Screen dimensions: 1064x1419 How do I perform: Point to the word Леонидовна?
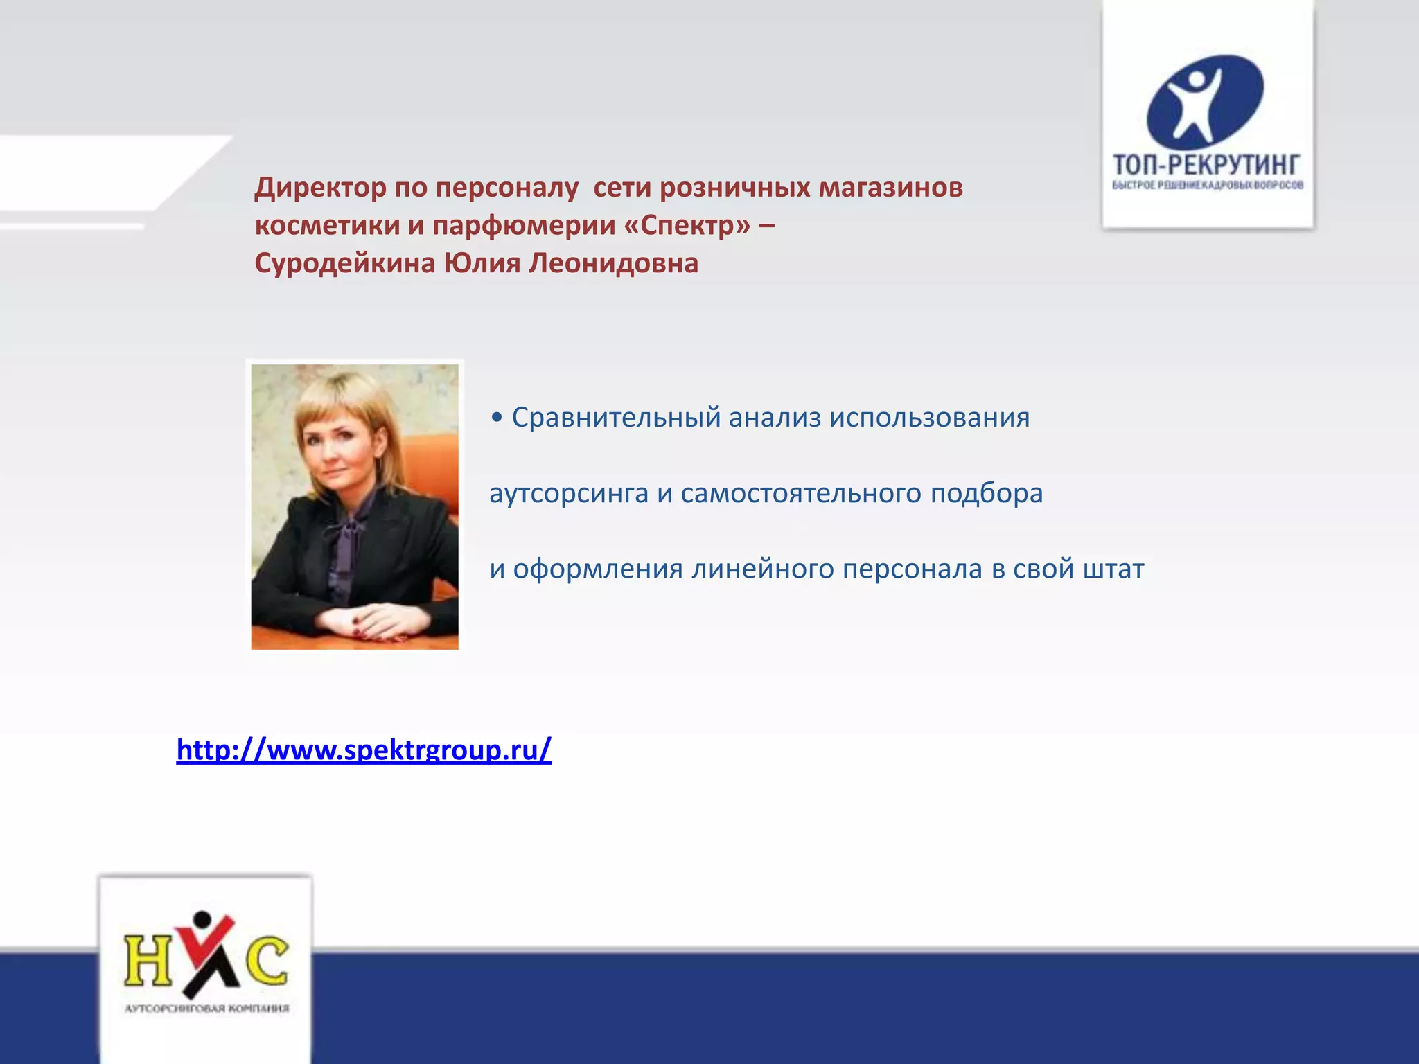pyautogui.click(x=613, y=263)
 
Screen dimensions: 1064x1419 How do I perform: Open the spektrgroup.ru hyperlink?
pyautogui.click(x=364, y=750)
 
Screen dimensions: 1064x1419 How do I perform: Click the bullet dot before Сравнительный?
pyautogui.click(x=496, y=418)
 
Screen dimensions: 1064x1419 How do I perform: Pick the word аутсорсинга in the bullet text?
pyautogui.click(x=568, y=494)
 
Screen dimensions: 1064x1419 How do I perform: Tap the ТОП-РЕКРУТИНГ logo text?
pyautogui.click(x=1206, y=165)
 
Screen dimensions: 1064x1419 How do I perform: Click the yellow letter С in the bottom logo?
pyautogui.click(x=267, y=961)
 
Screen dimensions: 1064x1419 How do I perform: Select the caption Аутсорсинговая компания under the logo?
pyautogui.click(x=206, y=1009)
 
